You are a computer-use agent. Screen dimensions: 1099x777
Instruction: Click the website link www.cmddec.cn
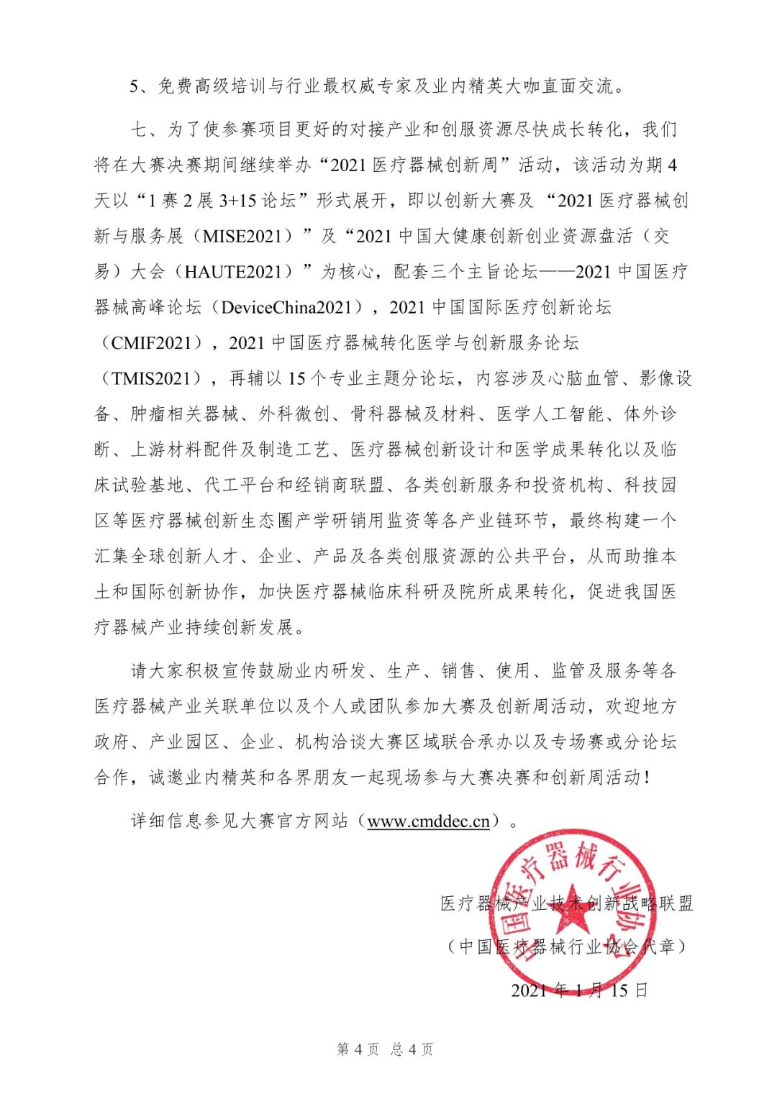[428, 821]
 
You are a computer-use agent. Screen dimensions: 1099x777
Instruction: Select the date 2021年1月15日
[579, 990]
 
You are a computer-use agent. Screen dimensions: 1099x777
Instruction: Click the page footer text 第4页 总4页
[385, 1049]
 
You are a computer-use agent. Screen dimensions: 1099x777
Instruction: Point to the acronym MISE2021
[248, 236]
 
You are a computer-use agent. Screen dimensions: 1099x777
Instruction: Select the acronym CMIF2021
[151, 342]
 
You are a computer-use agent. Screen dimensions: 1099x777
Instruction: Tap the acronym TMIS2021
[151, 378]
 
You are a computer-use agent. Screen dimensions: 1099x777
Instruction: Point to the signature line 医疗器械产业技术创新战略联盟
[567, 903]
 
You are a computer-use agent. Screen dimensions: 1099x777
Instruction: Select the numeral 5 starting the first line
[134, 86]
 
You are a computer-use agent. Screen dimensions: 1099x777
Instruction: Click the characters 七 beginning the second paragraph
[139, 129]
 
